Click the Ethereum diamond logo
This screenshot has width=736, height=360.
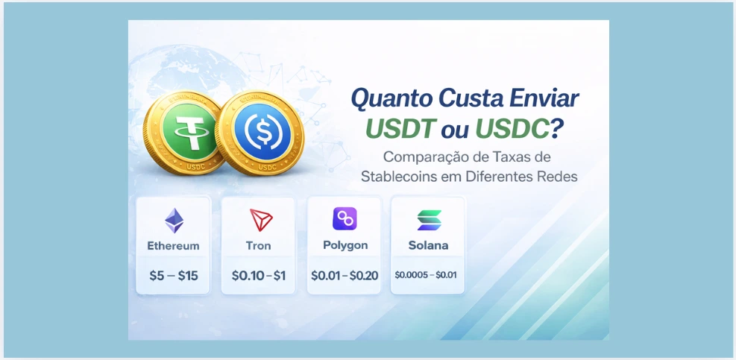(x=174, y=221)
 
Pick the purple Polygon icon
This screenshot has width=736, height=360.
(x=345, y=219)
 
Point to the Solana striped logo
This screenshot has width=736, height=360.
(x=429, y=220)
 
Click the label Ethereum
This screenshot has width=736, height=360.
(x=174, y=245)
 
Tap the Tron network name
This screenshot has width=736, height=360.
(x=259, y=245)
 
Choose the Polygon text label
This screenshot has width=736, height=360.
(x=345, y=245)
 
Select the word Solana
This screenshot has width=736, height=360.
(x=428, y=245)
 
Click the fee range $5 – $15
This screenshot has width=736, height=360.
(x=174, y=276)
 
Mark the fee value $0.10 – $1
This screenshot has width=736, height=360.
(x=259, y=276)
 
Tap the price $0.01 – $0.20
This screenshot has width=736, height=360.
(x=345, y=276)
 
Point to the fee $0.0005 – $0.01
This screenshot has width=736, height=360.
(x=426, y=275)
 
